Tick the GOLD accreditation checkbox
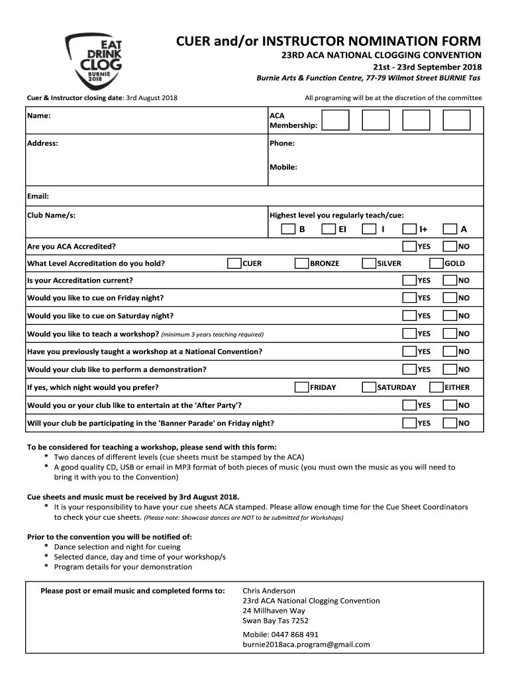(x=436, y=263)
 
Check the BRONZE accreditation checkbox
(x=301, y=263)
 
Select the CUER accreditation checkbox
(x=234, y=263)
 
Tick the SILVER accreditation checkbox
(x=369, y=263)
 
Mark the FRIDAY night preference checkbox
(x=301, y=387)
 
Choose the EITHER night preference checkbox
(x=436, y=387)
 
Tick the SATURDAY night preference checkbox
(x=369, y=387)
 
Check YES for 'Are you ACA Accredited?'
(x=410, y=247)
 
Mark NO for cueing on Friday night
(x=450, y=298)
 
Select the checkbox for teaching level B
(x=288, y=229)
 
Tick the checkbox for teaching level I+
(x=410, y=229)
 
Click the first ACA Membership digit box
(x=335, y=120)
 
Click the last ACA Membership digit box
(x=457, y=120)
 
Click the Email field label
(x=38, y=196)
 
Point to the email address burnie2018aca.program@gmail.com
(x=306, y=644)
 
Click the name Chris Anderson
(x=269, y=590)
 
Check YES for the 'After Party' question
(x=410, y=405)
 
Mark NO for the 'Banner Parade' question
(x=450, y=423)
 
